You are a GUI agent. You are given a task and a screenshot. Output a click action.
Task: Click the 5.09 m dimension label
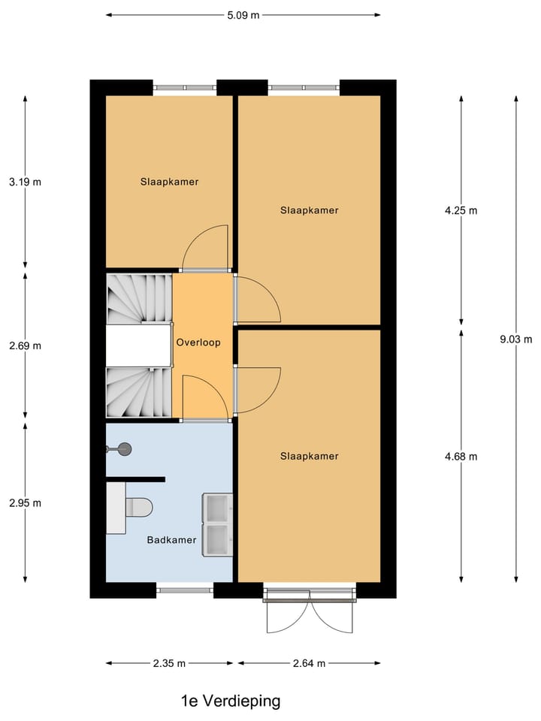point(243,14)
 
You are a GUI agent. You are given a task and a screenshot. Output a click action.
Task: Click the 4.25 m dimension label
point(461,210)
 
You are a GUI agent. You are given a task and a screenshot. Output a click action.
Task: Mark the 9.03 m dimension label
point(516,339)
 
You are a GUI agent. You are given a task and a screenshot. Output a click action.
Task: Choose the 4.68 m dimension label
point(461,456)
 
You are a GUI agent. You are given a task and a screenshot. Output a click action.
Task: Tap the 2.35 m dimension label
point(170,663)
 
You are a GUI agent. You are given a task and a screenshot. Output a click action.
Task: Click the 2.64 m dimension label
point(309,663)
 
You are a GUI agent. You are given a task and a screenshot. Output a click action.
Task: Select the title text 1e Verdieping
point(231,701)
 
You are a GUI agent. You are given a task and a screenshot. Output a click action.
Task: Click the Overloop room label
point(198,342)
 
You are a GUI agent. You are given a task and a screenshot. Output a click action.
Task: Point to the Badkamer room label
point(171,539)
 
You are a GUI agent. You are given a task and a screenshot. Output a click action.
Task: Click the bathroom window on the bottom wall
point(185,590)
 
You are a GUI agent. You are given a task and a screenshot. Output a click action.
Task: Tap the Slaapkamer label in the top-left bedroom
point(169,181)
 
